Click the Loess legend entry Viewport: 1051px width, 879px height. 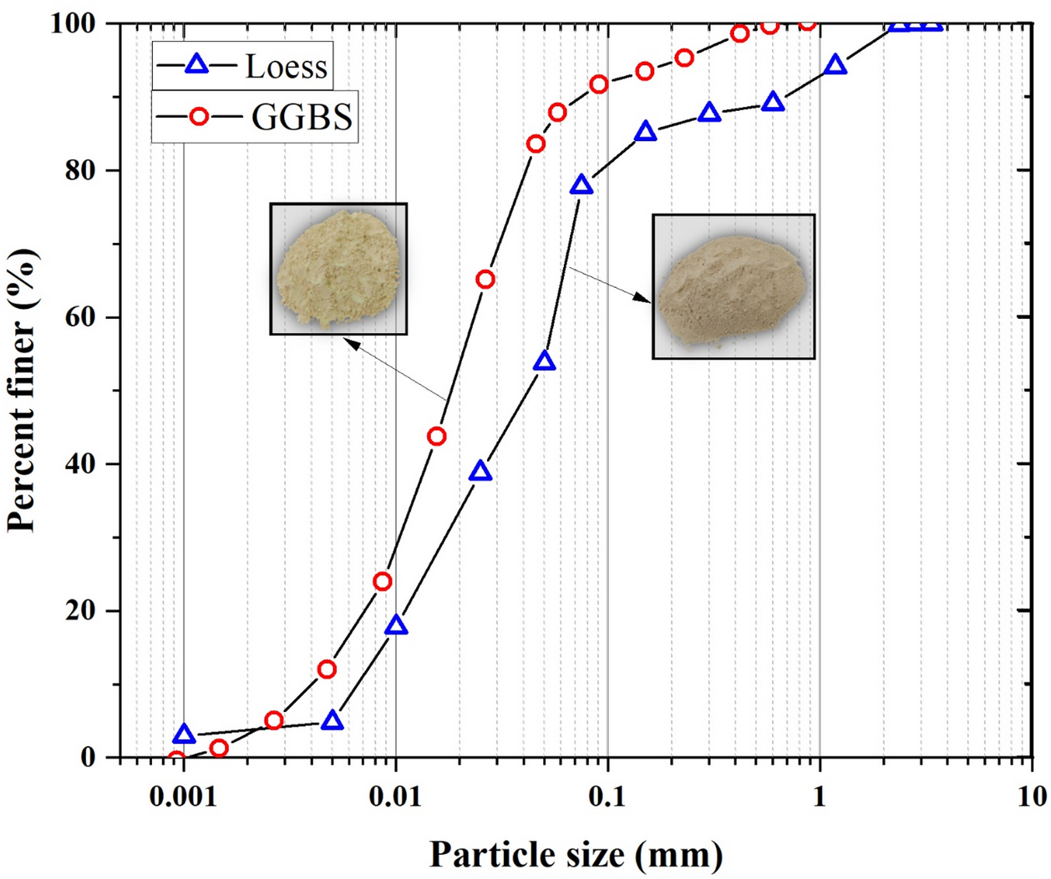(243, 66)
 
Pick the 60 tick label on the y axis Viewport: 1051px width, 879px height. (81, 317)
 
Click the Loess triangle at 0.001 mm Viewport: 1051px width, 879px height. (184, 735)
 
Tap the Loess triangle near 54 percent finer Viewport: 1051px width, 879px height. (545, 361)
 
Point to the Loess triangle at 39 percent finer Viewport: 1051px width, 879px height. (480, 472)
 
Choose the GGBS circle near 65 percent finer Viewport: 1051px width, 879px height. (485, 280)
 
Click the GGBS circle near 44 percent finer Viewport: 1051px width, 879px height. (436, 437)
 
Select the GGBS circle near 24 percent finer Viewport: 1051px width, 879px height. (383, 581)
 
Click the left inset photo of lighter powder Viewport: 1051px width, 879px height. (338, 268)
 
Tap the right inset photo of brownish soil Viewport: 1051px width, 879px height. (733, 286)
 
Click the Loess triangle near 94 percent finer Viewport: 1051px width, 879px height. (835, 66)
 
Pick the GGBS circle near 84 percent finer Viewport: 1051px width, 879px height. (536, 144)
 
